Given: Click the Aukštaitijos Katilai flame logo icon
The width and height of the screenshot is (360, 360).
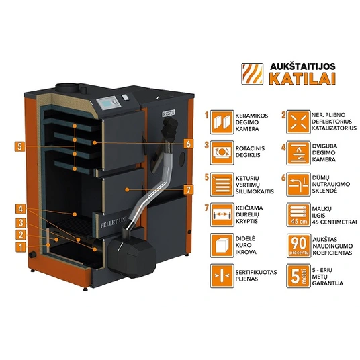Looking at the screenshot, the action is click(252, 74).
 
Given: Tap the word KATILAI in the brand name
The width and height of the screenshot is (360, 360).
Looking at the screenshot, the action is click(302, 79).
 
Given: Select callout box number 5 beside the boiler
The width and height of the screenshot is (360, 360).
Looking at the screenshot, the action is click(19, 146).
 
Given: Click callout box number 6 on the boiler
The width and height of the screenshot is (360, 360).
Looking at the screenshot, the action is click(188, 144).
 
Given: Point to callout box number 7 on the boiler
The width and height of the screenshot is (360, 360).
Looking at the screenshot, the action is click(188, 189).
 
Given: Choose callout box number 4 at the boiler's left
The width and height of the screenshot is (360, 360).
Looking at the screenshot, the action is click(21, 209).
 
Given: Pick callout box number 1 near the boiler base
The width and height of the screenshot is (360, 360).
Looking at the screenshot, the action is click(21, 247).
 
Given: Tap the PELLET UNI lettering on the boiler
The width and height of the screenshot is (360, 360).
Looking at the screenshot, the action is click(114, 223).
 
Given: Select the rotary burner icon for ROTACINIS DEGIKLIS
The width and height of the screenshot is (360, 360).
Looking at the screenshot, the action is click(222, 152).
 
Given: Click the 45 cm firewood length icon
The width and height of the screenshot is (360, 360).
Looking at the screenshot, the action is click(298, 215).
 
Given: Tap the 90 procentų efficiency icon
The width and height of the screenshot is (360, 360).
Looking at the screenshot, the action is click(298, 246).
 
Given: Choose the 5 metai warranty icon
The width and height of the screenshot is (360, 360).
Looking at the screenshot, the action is click(298, 276).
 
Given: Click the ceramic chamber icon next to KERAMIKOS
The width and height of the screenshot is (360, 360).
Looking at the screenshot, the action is click(222, 122).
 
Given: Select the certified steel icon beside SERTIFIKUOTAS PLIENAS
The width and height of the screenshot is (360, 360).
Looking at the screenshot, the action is click(222, 276).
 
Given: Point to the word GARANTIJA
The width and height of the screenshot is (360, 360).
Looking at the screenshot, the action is click(328, 283).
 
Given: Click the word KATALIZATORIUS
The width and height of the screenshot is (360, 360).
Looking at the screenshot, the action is click(334, 128).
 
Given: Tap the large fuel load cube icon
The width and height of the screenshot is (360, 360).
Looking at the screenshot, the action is click(222, 245).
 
